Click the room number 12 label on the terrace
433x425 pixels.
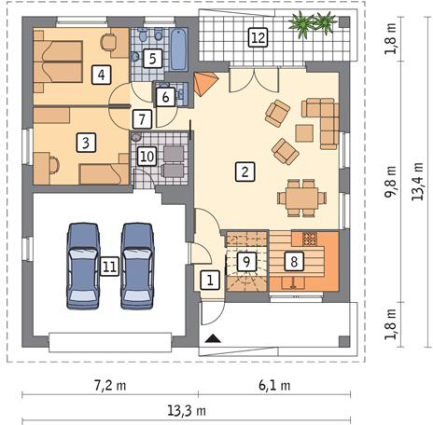tap(258, 37)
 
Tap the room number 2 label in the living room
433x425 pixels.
tap(244, 171)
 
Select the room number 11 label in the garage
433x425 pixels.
tap(109, 267)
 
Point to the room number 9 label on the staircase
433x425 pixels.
tap(246, 262)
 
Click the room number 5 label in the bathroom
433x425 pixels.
tap(152, 59)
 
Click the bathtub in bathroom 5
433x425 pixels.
tap(179, 49)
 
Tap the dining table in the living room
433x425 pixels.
tap(301, 198)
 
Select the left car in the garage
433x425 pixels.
tap(83, 266)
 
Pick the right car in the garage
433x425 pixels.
tap(137, 266)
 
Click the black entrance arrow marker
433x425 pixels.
tap(213, 338)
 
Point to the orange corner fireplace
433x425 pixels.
tap(204, 83)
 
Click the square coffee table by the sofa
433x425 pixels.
tap(304, 133)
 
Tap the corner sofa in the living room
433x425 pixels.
tap(324, 121)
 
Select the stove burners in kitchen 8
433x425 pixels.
tap(309, 239)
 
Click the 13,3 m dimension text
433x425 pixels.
tap(187, 411)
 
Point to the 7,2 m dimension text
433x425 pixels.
tap(110, 386)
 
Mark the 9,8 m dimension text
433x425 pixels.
tap(391, 182)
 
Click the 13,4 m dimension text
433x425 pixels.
tap(417, 181)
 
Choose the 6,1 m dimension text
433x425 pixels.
tap(274, 386)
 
